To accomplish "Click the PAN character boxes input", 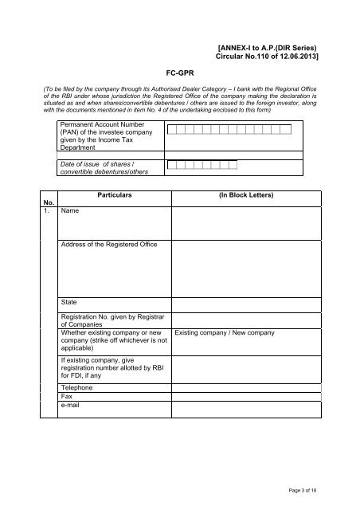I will (229, 129).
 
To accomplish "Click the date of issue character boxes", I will (202, 165).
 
